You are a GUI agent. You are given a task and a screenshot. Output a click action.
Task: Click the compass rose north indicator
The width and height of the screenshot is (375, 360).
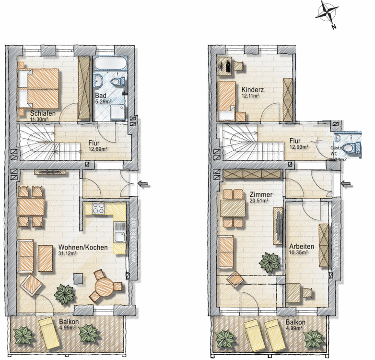327,13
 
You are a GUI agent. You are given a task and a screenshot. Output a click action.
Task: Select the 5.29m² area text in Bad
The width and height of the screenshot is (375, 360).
104,102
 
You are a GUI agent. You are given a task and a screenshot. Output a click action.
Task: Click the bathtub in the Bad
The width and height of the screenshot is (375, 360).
109,64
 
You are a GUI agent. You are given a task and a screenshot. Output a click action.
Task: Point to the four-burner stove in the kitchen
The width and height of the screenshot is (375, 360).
98,208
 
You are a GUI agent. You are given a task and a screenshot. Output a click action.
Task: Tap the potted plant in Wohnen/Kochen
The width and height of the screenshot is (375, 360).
64,293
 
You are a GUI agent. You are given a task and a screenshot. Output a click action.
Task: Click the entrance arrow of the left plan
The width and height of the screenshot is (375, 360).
143,183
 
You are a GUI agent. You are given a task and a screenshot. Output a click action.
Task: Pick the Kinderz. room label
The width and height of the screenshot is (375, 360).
254,90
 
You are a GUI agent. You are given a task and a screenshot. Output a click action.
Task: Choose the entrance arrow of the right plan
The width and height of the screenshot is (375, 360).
346,183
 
